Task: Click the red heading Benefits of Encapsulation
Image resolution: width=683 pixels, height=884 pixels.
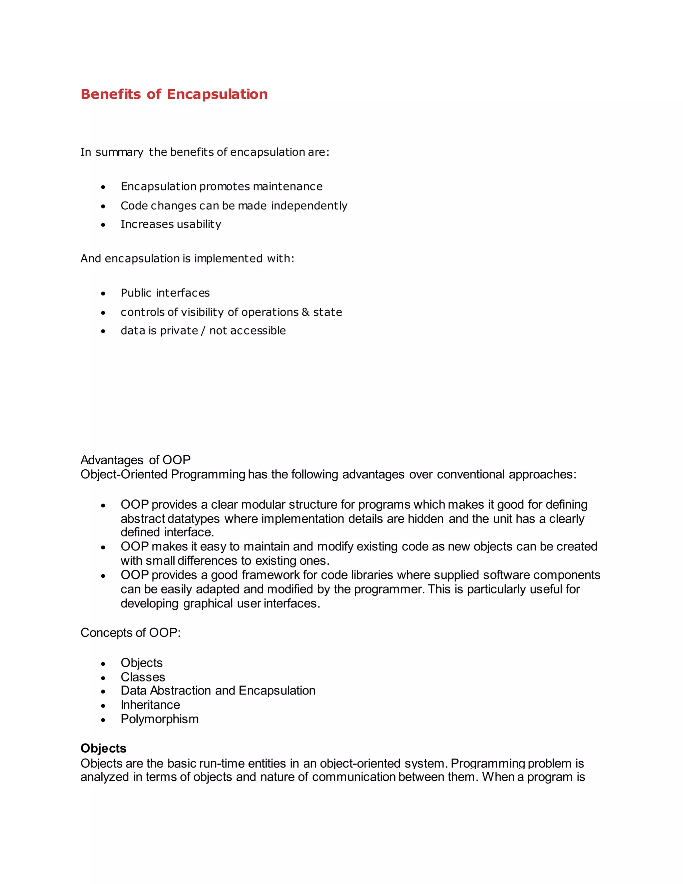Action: click(x=174, y=94)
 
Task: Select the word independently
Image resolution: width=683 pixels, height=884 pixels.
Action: click(x=309, y=206)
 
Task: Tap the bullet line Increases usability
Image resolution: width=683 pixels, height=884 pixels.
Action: click(x=171, y=224)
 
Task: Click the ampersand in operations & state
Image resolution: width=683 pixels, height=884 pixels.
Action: click(x=305, y=312)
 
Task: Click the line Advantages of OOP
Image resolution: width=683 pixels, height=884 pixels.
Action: click(x=135, y=460)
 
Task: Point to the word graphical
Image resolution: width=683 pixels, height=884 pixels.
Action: click(x=208, y=603)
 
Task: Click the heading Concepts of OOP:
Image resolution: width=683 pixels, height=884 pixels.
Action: click(x=130, y=632)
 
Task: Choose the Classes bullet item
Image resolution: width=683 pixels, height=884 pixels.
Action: click(x=143, y=677)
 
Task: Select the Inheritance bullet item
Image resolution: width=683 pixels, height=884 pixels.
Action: click(x=150, y=705)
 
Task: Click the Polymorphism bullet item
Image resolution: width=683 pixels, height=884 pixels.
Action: click(x=159, y=719)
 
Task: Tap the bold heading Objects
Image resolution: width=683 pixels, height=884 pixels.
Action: click(x=104, y=749)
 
